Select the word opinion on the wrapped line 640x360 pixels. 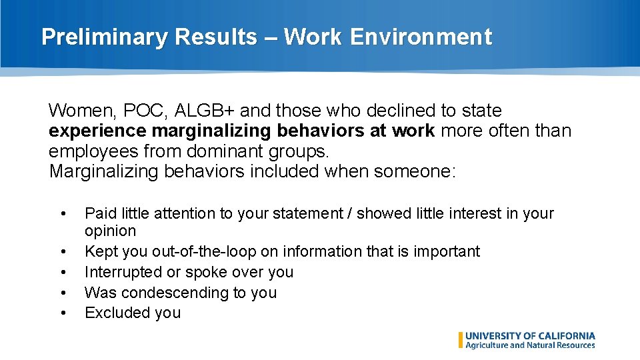click(110, 231)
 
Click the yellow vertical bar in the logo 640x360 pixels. click(460, 340)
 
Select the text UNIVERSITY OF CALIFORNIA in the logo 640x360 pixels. click(530, 336)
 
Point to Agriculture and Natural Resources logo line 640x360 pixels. click(530, 345)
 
